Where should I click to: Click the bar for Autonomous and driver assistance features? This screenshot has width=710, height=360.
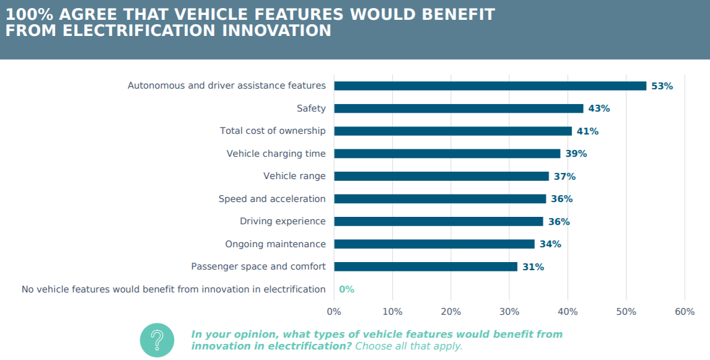[489, 86]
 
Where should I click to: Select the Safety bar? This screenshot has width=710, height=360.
[458, 108]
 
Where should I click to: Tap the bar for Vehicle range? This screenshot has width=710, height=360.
[441, 177]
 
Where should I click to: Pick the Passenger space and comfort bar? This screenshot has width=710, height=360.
[425, 267]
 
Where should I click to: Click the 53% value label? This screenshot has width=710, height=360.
[662, 86]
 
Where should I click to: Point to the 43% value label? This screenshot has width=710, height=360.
[598, 108]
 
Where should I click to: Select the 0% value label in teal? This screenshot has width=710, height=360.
[346, 289]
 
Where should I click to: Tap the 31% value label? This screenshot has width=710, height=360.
[533, 267]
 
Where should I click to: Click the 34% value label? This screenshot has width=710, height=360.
[550, 244]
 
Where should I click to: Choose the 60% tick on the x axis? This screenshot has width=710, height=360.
[684, 312]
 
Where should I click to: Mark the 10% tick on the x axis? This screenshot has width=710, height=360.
[392, 312]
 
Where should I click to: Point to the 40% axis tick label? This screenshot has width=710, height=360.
[568, 312]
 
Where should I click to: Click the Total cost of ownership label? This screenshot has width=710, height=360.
[273, 131]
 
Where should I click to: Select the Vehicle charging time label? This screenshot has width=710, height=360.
[276, 154]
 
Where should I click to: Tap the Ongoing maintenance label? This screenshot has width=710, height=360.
[275, 244]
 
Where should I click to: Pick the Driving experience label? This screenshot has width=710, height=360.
[283, 221]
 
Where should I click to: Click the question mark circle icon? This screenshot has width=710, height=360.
[157, 340]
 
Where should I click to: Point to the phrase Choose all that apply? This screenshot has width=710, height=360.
[409, 346]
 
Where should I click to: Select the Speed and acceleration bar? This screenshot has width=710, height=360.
[440, 199]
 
